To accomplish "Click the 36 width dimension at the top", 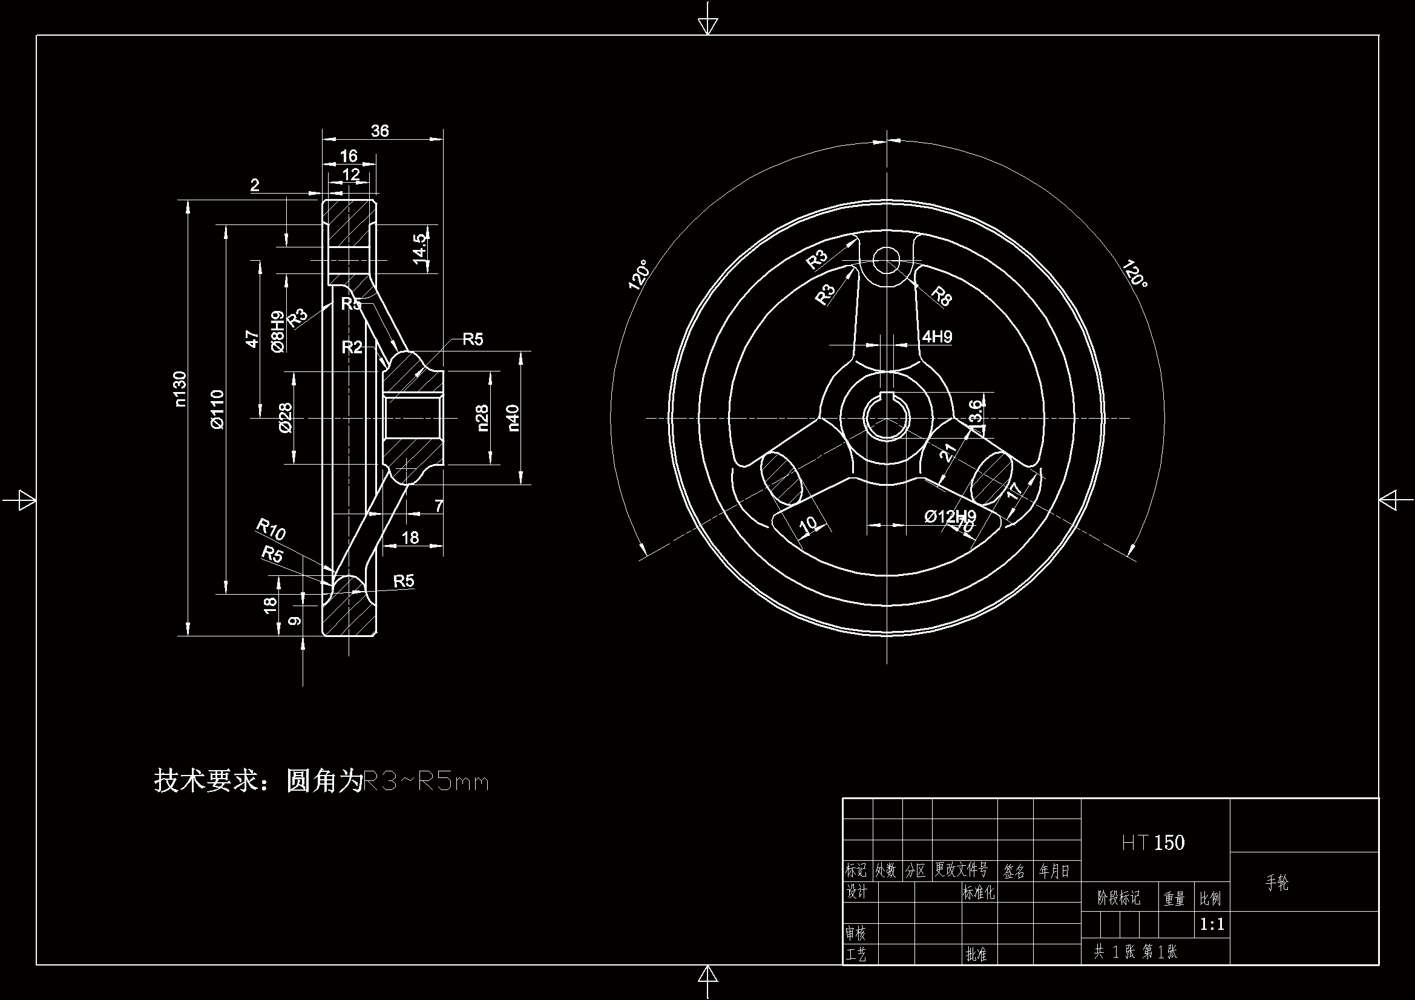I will click(380, 131).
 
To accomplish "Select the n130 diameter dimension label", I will click(180, 388).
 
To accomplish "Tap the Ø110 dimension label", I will click(218, 408).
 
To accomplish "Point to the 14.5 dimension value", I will click(420, 248).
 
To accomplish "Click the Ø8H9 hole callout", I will click(278, 332).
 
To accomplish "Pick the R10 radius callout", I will click(271, 529).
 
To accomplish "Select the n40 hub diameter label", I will click(513, 417).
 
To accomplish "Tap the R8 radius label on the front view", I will click(941, 296).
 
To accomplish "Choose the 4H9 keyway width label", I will click(937, 336).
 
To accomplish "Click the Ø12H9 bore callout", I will click(950, 515).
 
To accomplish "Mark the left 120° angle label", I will click(639, 274).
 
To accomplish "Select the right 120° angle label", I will click(1135, 273).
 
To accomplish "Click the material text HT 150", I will click(1153, 843).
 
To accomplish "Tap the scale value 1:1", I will click(1212, 924).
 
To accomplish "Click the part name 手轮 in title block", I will click(1277, 883).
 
